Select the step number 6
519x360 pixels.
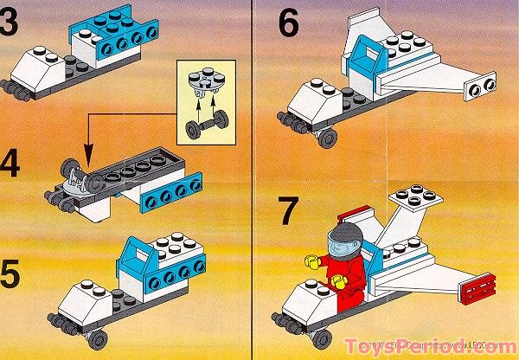point(288,24)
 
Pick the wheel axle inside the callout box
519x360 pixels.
point(205,130)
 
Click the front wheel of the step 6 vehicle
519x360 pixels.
point(327,138)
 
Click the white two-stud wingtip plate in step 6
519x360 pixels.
point(479,84)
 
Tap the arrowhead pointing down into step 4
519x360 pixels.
point(87,151)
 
